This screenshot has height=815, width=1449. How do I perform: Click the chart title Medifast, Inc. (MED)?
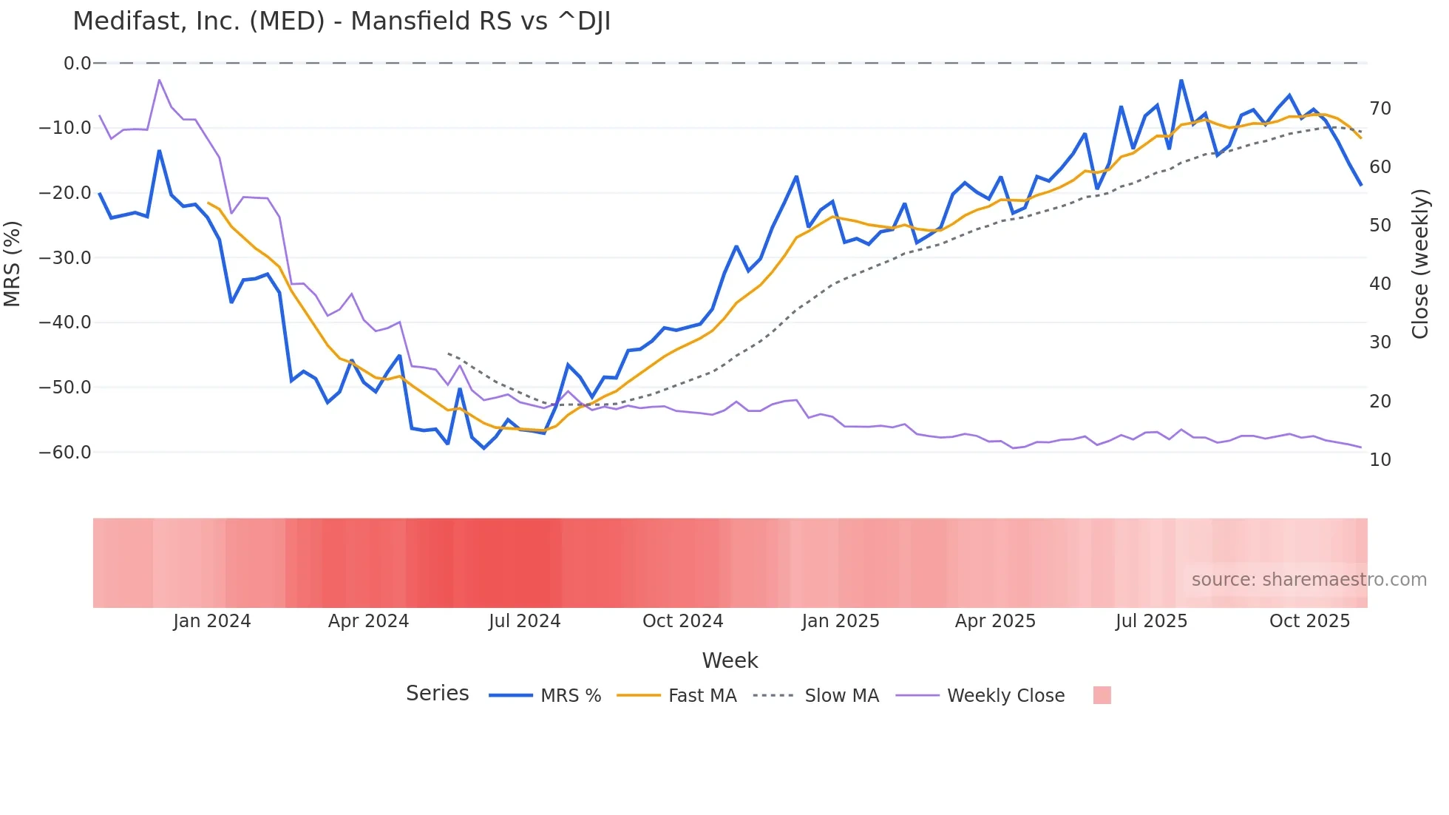click(342, 21)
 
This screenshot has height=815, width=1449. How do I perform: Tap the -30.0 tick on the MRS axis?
click(65, 258)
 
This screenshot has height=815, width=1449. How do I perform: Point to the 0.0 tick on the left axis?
click(77, 64)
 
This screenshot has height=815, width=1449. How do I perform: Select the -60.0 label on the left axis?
click(65, 452)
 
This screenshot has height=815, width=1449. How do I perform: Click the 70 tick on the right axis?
click(1380, 109)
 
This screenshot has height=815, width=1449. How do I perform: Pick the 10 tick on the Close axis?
click(1380, 460)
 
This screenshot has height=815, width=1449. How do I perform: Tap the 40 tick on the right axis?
click(1380, 284)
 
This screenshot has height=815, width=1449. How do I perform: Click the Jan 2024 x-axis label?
click(212, 621)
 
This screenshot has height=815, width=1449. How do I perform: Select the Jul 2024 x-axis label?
click(525, 621)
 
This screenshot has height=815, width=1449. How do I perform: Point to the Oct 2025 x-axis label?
click(1309, 621)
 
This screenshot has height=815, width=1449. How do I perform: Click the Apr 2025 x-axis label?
click(995, 621)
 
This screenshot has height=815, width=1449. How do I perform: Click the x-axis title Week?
click(730, 660)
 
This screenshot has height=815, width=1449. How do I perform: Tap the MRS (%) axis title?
click(12, 263)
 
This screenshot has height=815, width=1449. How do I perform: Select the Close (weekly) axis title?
click(1420, 263)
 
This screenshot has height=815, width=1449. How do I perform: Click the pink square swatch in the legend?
click(1102, 695)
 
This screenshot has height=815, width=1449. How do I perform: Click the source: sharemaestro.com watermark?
click(1309, 580)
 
